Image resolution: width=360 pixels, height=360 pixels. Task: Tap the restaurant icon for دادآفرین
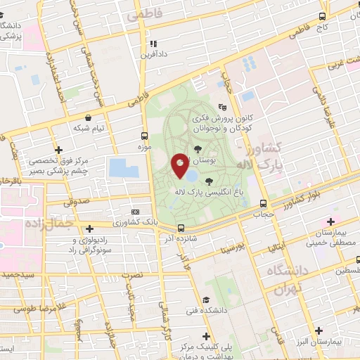point(162,44)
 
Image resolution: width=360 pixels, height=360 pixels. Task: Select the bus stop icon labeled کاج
point(322,16)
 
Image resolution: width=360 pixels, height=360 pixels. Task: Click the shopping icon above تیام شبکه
point(89,117)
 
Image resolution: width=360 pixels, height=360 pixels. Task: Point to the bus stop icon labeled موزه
point(144,136)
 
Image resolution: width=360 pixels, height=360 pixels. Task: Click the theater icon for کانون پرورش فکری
point(223,107)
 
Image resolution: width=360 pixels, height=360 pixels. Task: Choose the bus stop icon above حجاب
point(263,200)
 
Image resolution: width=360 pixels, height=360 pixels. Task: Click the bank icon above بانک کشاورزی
point(135,211)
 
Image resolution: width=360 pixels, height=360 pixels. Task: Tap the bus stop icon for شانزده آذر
point(181,228)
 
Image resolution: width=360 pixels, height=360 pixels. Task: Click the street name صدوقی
point(76,202)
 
